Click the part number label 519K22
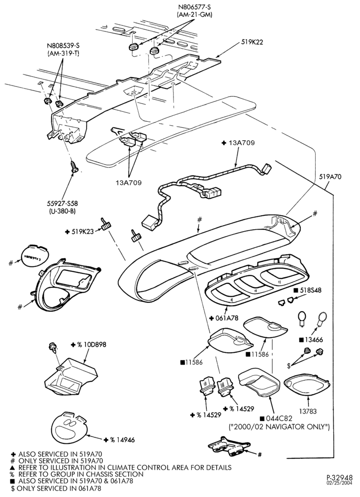252,41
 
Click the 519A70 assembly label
330,177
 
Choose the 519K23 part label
82,232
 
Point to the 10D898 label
94,344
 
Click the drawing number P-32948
340,477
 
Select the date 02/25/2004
340,483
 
